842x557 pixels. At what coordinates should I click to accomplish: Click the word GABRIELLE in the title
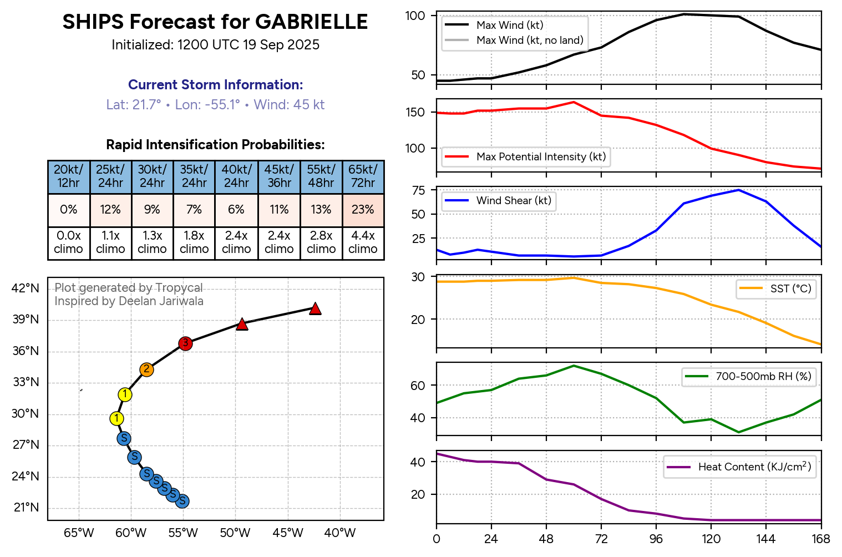312,22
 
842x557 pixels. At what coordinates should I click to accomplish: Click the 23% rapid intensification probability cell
363,210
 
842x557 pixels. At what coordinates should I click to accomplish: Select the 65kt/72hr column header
363,176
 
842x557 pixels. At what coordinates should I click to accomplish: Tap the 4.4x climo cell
363,242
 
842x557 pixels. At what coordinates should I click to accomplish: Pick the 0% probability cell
68,210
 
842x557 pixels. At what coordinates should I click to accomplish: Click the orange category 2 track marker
146,369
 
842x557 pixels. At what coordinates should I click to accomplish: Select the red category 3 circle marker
185,343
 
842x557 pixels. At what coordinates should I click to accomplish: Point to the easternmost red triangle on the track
315,308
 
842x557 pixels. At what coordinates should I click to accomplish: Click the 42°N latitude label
26,288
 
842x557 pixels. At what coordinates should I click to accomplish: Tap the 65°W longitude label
79,533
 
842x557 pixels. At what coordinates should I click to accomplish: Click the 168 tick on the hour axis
821,539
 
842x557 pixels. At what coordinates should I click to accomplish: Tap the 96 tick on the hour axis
656,539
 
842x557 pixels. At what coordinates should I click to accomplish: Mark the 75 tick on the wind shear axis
419,190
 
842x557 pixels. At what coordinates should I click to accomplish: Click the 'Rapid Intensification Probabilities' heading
215,145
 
